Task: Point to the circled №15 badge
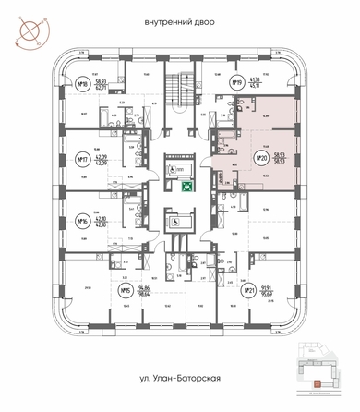point(126,291)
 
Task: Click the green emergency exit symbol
point(186,186)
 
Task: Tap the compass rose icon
point(28,30)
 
